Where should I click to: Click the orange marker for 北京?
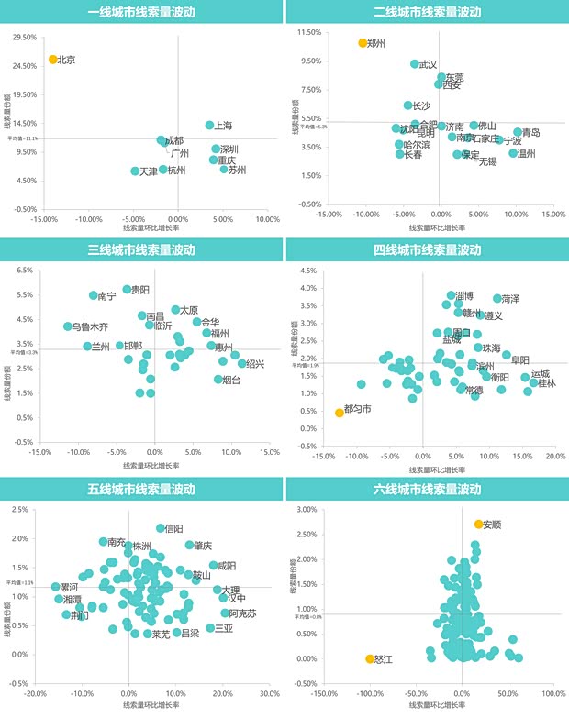53,60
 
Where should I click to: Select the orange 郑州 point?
363,43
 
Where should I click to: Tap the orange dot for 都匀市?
340,413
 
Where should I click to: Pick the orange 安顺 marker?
478,525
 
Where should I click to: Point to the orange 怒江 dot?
370,658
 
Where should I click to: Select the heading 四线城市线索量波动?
428,250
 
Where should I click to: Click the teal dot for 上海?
209,125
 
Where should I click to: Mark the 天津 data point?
135,171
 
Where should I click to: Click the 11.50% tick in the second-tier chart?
307,33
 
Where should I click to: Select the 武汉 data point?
415,64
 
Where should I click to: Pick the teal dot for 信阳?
161,528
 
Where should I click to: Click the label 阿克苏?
242,613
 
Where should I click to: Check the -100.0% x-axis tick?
370,693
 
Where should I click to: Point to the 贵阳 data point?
128,289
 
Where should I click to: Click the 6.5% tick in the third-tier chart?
25,271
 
